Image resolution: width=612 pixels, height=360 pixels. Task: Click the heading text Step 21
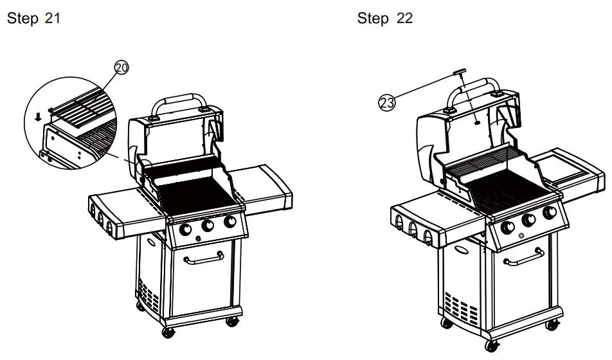click(33, 19)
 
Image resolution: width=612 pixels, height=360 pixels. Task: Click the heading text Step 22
click(385, 19)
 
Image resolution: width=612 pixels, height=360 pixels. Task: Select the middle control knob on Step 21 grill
click(208, 226)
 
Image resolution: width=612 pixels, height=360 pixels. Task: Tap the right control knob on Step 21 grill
click(229, 222)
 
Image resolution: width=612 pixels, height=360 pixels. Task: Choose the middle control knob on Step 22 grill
click(528, 220)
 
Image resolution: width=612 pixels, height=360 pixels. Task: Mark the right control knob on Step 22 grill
click(550, 213)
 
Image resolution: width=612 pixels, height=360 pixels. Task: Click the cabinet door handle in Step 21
click(203, 260)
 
